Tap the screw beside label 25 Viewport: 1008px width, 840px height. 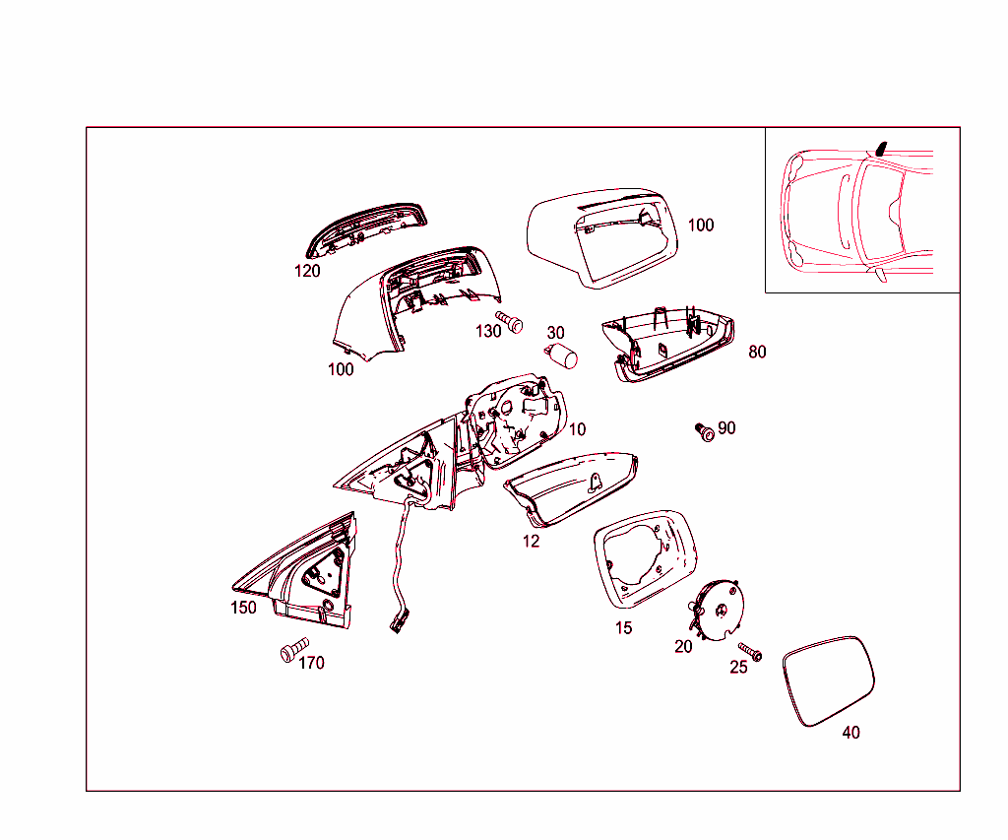point(750,651)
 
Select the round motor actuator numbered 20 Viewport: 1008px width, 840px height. point(717,609)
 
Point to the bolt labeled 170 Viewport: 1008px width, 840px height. point(295,648)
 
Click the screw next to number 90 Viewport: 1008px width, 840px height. point(705,431)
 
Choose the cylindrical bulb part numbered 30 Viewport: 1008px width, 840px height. point(561,355)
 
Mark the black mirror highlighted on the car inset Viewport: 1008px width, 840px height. point(881,149)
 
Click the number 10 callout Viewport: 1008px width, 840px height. point(577,429)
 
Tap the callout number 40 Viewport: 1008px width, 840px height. point(851,733)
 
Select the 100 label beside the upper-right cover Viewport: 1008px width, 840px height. point(701,226)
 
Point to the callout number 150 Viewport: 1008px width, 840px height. point(243,608)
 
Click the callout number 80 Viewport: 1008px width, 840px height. point(757,352)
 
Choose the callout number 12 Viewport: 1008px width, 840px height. point(531,542)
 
